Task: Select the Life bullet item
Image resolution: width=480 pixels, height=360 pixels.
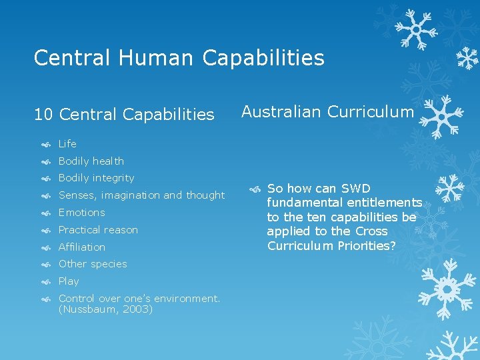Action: [67, 143]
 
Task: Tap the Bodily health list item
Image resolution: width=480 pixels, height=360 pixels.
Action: [91, 161]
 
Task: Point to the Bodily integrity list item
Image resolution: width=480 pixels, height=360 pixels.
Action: [96, 178]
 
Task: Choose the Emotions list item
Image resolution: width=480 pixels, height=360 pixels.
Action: [81, 213]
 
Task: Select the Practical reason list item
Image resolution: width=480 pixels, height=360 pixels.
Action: [98, 230]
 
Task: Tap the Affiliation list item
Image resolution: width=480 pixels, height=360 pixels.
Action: [81, 247]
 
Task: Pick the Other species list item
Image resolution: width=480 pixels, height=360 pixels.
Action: [92, 264]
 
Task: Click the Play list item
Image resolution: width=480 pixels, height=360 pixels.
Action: [69, 281]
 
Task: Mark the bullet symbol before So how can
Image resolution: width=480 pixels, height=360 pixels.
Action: [254, 189]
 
